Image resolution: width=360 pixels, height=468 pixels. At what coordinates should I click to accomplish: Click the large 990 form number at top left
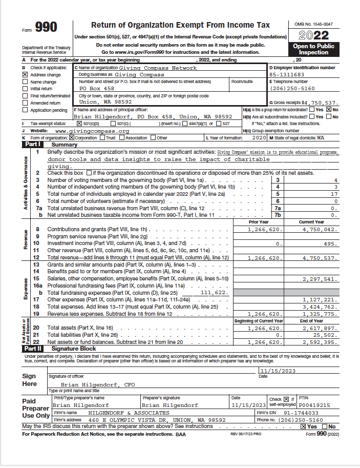(46, 27)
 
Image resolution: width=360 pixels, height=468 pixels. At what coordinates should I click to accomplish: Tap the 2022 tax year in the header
(313, 36)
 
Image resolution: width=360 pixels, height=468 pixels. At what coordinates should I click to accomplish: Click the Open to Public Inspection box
(313, 49)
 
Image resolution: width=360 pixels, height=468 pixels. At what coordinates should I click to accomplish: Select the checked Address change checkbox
(25, 75)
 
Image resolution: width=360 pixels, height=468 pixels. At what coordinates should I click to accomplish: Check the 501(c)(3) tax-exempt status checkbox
(78, 124)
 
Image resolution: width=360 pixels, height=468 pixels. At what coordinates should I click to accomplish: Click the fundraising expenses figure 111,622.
(214, 292)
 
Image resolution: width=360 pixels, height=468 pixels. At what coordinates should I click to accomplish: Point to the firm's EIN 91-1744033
(302, 413)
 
